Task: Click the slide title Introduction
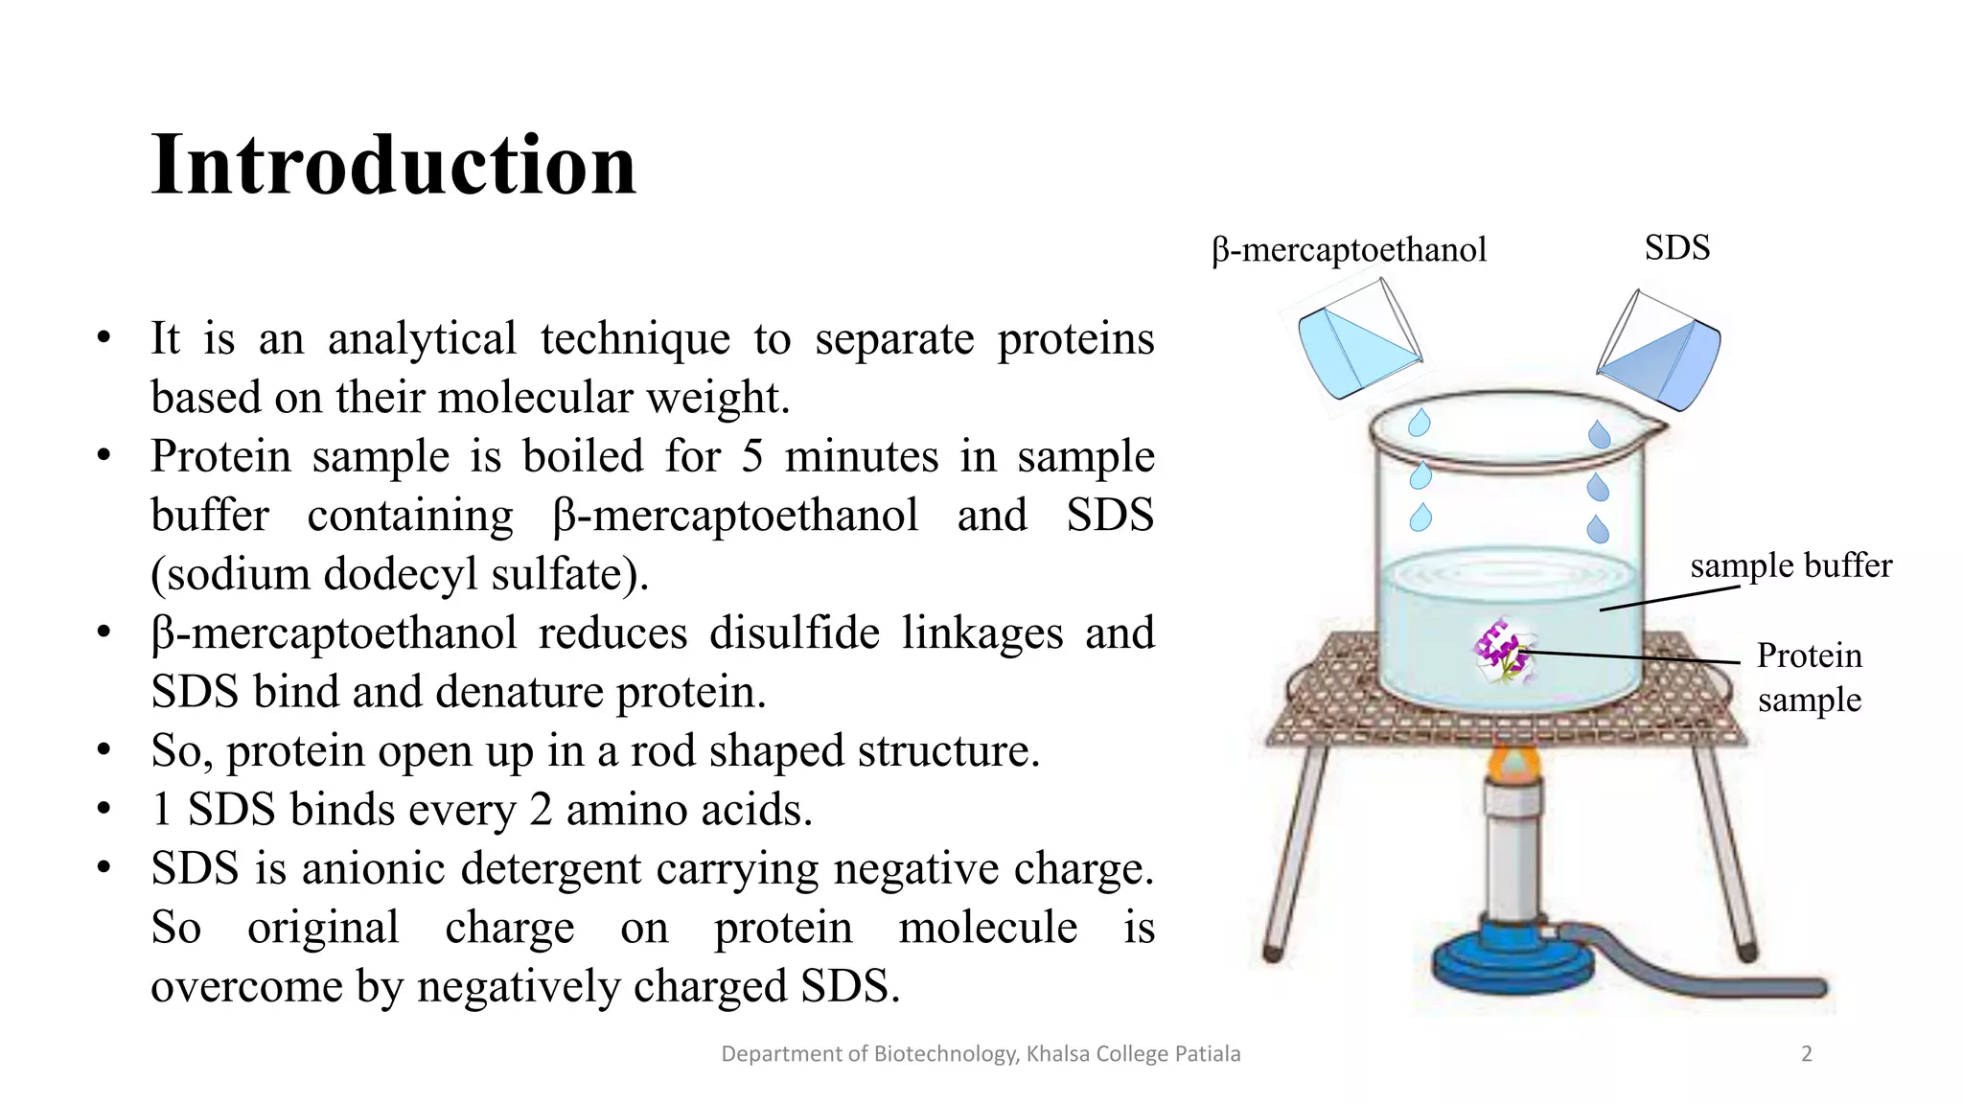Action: (393, 165)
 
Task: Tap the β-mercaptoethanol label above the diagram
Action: (1349, 250)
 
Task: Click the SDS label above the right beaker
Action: (1676, 247)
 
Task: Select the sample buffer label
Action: (1790, 565)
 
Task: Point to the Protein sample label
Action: (1809, 678)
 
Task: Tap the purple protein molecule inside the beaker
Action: (1501, 651)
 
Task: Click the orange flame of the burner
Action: (1513, 764)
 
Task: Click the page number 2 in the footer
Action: (1806, 1054)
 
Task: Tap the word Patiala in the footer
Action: (1208, 1054)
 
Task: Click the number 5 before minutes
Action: (751, 456)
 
